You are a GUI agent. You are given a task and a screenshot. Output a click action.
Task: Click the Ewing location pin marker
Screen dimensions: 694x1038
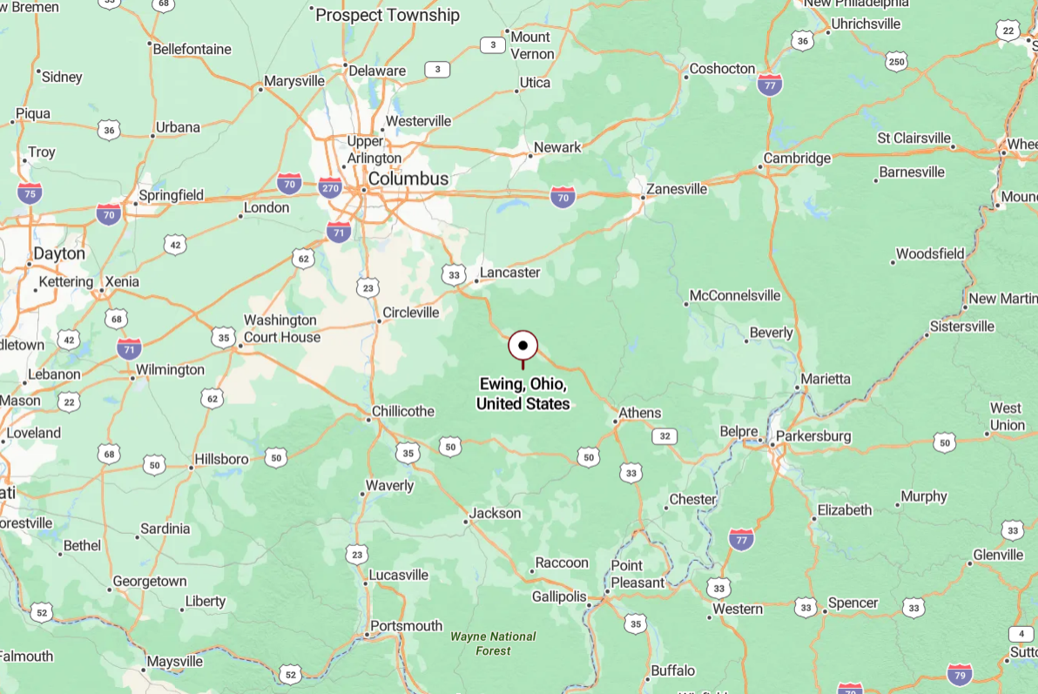(x=522, y=346)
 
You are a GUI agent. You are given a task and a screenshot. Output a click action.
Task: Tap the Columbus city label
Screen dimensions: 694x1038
(x=408, y=179)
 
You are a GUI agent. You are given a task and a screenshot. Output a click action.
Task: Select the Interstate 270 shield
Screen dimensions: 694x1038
(x=330, y=187)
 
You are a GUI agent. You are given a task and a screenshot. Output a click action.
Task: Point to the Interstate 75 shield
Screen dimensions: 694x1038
(x=30, y=193)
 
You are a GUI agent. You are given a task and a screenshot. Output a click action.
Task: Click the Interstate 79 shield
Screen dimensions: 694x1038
(x=960, y=673)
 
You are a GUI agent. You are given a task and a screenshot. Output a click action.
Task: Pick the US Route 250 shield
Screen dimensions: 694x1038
(x=896, y=62)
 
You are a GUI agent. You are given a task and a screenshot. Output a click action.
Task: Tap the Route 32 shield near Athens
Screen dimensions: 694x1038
(x=664, y=436)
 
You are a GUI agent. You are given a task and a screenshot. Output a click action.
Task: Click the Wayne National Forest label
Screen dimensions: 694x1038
(x=493, y=643)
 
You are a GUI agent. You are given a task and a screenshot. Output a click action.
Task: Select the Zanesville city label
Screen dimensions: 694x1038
(x=677, y=188)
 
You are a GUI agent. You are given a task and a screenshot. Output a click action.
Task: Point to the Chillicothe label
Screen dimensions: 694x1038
(x=402, y=411)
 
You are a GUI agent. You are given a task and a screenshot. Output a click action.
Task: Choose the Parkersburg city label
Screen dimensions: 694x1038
(x=813, y=435)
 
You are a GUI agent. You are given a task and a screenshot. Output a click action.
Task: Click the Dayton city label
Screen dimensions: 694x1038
(x=59, y=253)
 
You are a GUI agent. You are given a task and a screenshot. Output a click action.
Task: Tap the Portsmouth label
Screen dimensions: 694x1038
(x=406, y=625)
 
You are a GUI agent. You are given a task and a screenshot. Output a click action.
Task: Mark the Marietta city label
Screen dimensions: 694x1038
(x=826, y=379)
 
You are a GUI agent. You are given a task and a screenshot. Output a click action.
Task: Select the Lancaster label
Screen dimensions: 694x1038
(x=510, y=273)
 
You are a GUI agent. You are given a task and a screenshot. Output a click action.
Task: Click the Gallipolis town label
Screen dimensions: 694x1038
(x=559, y=596)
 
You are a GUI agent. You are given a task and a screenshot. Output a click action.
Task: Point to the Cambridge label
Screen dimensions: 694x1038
(x=797, y=158)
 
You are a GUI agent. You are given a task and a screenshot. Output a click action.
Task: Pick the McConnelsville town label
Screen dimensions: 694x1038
(x=735, y=296)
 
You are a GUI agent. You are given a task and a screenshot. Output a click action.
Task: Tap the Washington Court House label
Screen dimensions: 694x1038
(x=281, y=328)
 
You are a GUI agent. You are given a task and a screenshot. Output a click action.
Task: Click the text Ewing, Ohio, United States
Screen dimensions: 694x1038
(x=522, y=394)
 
